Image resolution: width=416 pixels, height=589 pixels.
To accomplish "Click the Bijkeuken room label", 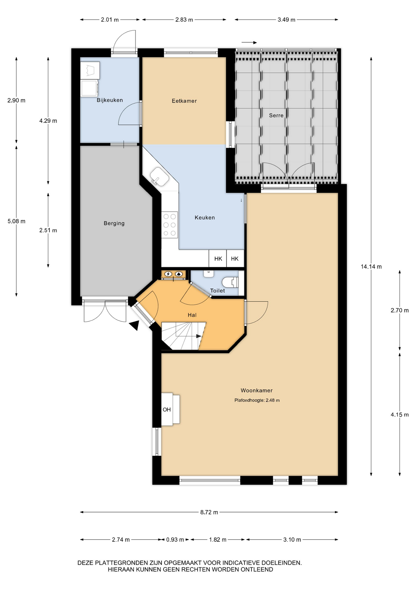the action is click(110, 100).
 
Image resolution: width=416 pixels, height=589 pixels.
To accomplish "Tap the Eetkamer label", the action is click(184, 101).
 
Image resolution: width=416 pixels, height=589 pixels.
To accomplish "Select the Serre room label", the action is click(276, 115).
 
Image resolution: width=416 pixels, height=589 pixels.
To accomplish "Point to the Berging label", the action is click(114, 223).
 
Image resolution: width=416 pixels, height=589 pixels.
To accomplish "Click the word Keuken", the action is click(205, 218).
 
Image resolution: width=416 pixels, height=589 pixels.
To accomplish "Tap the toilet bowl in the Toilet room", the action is click(230, 282).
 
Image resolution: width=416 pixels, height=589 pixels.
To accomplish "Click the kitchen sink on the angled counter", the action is click(159, 176).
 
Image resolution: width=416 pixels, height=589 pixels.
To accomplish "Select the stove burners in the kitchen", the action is click(169, 225).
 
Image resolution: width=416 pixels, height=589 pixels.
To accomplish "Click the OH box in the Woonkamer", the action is click(170, 409).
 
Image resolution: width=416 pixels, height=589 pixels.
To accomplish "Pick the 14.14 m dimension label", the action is click(371, 267).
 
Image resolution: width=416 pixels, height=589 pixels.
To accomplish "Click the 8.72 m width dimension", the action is click(209, 512).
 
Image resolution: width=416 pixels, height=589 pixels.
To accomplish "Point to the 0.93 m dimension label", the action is click(175, 540).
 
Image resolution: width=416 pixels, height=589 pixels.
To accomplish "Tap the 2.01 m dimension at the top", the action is click(110, 20).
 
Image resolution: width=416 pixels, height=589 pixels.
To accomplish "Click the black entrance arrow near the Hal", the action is click(134, 325).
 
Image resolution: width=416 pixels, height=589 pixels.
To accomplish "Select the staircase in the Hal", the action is click(183, 336).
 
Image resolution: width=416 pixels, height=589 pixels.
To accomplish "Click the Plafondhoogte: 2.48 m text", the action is click(257, 400).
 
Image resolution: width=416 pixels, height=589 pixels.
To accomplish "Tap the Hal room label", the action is click(192, 315).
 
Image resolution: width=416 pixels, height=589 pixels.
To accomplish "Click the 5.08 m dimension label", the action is click(17, 221).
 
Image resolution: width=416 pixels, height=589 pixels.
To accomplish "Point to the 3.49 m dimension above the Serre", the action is click(286, 20).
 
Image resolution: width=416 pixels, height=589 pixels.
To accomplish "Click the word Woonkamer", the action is click(256, 391).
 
